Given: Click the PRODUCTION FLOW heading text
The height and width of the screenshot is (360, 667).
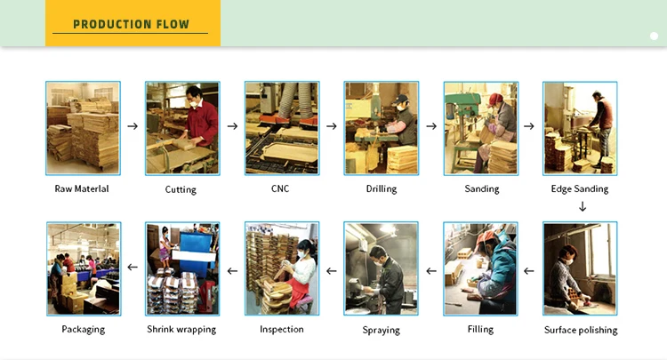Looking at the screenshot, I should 131,24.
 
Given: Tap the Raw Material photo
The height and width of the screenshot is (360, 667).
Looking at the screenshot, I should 83,128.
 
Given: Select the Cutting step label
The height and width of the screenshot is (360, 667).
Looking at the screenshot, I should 181,189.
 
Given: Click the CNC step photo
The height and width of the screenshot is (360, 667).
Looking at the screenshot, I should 282,128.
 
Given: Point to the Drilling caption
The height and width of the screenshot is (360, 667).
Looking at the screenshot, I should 381,188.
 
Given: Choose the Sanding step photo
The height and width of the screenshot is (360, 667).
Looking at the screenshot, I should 481,128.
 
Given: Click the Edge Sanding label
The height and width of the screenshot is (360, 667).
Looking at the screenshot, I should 580,188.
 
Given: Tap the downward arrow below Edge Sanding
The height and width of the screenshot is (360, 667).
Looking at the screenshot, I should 583,206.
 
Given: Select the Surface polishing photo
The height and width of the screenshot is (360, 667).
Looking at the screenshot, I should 580,268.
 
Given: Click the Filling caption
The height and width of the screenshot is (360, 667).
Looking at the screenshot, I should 480,330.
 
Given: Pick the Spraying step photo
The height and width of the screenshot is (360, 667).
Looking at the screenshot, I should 381,268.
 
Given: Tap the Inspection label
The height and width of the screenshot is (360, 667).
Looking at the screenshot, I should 282,329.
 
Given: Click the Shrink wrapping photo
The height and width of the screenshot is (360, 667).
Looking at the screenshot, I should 182,268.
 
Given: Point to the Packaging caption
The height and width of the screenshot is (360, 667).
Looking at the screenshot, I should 83,329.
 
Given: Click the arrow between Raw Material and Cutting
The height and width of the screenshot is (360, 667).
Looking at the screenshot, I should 133,126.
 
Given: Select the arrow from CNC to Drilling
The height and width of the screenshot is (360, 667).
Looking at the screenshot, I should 332,126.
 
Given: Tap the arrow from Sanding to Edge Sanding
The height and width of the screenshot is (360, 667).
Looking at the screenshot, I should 529,126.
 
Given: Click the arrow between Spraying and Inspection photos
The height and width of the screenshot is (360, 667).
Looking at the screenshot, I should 332,268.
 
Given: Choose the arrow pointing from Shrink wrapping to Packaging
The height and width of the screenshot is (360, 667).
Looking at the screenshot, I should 133,267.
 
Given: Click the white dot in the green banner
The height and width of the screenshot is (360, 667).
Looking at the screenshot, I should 654,36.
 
